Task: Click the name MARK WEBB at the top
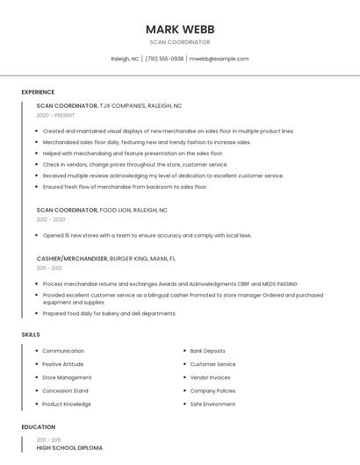pos(180,29)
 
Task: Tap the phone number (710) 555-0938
pos(164,59)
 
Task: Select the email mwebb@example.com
pos(220,59)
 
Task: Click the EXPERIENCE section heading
pos(38,92)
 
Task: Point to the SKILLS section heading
pos(31,334)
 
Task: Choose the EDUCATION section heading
pos(39,426)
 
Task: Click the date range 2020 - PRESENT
pos(55,115)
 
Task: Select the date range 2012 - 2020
pos(51,219)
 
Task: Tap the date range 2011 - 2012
pos(49,268)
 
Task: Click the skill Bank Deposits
pos(207,351)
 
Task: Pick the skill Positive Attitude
pos(63,364)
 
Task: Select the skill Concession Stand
pos(65,390)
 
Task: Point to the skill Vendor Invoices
pos(210,377)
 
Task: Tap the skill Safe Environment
pos(212,404)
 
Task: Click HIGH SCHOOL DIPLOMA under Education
pos(69,447)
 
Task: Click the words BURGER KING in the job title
pos(128,259)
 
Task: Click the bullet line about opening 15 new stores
pos(147,235)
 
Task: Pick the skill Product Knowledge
pos(67,404)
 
